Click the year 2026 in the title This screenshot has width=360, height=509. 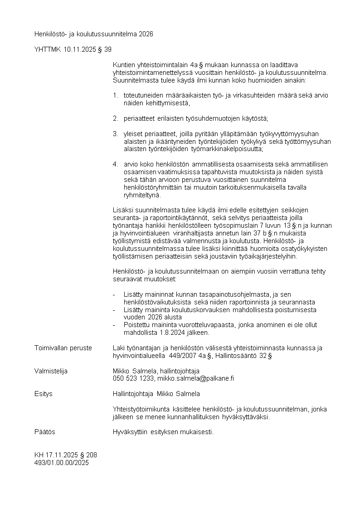coord(146,34)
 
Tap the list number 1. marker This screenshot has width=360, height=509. coord(115,95)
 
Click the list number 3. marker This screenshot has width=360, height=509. coord(115,134)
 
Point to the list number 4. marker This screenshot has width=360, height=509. coord(115,164)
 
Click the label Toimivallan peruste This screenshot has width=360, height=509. coord(63,348)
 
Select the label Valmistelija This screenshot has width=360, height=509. coord(51,371)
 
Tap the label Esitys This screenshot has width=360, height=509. coord(44,394)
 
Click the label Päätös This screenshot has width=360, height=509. coord(45,432)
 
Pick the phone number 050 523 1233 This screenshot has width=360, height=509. coord(133,378)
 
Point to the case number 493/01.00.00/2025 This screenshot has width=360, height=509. coord(62,463)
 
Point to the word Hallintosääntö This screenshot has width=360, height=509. coord(237,356)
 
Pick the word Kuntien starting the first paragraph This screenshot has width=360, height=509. coord(122,64)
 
